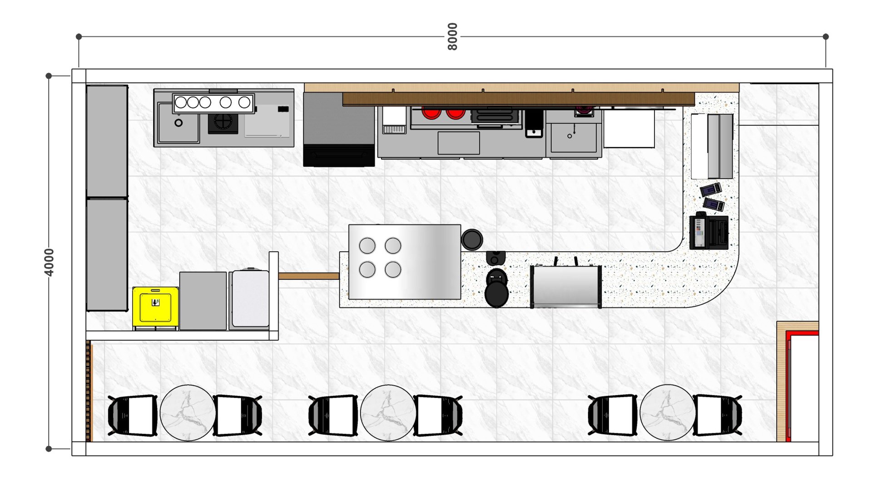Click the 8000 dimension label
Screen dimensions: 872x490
pyautogui.click(x=452, y=36)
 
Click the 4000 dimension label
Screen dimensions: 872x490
pyautogui.click(x=49, y=262)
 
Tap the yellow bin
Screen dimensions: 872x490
pyautogui.click(x=155, y=306)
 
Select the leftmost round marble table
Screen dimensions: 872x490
pyautogui.click(x=188, y=413)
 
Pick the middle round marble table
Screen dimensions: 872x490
pyautogui.click(x=388, y=413)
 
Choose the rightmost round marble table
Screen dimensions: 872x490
pyautogui.click(x=668, y=413)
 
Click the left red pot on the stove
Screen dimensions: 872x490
pyautogui.click(x=431, y=113)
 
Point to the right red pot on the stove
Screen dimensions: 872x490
pyautogui.click(x=456, y=113)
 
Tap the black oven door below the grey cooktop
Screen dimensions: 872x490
pyautogui.click(x=339, y=155)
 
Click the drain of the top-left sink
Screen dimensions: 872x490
pyautogui.click(x=178, y=122)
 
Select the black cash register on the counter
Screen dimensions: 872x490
pyautogui.click(x=709, y=231)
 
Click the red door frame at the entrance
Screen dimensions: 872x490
pyautogui.click(x=789, y=386)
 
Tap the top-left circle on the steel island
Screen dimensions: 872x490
pyautogui.click(x=367, y=246)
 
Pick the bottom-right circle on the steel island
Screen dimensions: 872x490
pyautogui.click(x=393, y=269)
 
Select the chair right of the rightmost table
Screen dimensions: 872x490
pyautogui.click(x=718, y=415)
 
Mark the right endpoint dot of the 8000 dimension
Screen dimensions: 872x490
pyautogui.click(x=826, y=36)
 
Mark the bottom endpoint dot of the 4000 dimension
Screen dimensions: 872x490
pyautogui.click(x=49, y=449)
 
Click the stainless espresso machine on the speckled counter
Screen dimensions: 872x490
pyautogui.click(x=566, y=286)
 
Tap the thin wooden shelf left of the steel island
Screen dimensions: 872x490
pyautogui.click(x=309, y=276)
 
